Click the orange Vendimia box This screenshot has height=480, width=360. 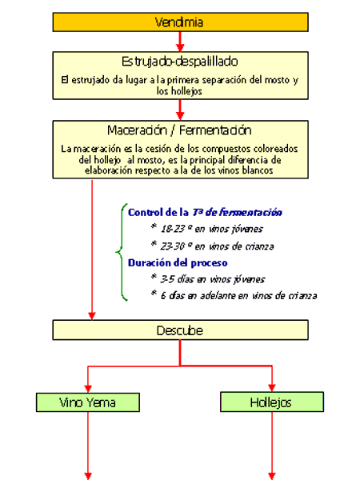(180, 22)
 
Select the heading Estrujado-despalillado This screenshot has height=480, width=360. (180, 62)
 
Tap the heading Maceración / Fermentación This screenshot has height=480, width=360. (179, 130)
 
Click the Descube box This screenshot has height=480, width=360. (180, 330)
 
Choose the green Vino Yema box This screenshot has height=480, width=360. (88, 402)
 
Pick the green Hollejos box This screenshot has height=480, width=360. (272, 402)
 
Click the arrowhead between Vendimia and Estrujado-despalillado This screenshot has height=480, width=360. (180, 48)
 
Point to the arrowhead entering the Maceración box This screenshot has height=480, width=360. (180, 116)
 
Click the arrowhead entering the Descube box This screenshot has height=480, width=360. (92, 316)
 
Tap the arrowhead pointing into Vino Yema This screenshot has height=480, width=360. (88, 389)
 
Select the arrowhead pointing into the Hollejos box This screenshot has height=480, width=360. (272, 388)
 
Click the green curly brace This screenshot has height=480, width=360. (122, 252)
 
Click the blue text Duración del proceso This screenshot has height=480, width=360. (178, 262)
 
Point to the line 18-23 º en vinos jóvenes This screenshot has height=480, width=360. (207, 229)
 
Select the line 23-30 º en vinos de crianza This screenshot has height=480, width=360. (213, 246)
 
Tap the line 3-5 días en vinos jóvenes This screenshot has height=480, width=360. (208, 279)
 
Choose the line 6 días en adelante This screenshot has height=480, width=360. (234, 295)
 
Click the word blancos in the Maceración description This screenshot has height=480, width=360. (257, 170)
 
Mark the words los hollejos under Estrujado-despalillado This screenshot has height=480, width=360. (179, 91)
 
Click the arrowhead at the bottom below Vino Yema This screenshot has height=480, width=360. (88, 476)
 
